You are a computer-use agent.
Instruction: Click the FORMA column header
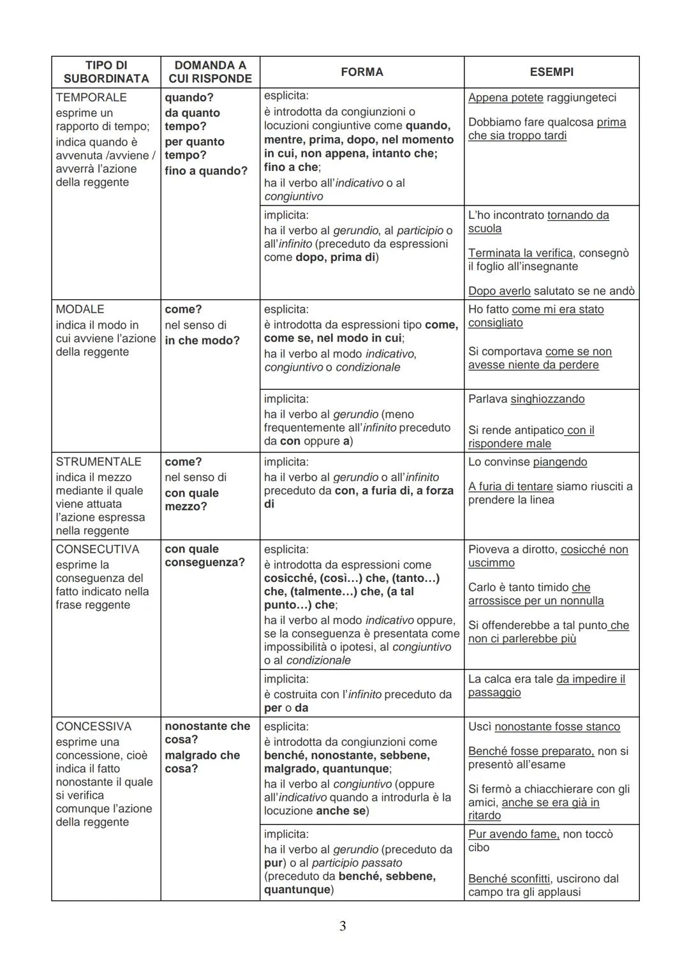point(362,72)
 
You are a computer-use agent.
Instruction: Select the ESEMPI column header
point(551,72)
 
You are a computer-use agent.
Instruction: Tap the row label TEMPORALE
point(91,98)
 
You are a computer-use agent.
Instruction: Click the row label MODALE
point(80,309)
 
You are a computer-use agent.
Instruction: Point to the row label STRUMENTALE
point(98,462)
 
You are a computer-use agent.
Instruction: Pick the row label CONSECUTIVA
point(97,549)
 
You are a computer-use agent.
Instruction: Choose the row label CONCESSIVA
point(93,727)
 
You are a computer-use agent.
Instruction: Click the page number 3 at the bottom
point(343,926)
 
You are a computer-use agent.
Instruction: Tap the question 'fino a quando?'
point(205,171)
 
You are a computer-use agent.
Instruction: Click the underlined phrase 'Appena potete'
point(505,98)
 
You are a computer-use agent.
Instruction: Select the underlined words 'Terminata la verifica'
point(520,253)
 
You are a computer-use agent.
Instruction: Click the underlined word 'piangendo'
point(559,462)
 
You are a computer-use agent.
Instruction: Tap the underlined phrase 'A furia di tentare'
point(510,487)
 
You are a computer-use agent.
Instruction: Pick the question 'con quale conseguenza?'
point(204,556)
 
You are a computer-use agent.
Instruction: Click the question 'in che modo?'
point(202,341)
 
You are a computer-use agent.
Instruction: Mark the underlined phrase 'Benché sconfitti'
point(508,879)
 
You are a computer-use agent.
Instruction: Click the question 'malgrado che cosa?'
point(202,762)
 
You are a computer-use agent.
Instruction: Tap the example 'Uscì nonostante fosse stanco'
point(544,727)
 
